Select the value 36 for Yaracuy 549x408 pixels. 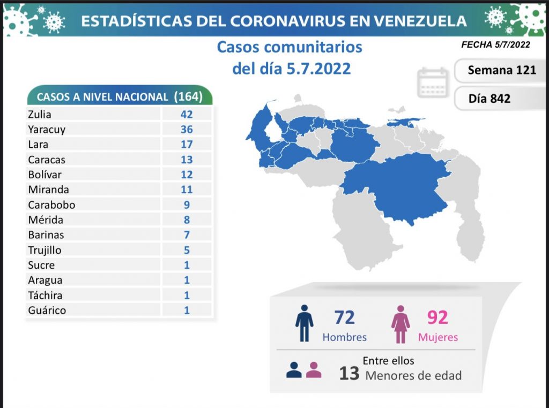187,129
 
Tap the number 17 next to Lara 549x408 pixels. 187,144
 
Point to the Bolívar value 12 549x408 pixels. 187,175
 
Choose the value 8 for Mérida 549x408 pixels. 187,220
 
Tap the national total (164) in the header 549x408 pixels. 188,96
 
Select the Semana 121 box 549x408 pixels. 501,70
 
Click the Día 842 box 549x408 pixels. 489,99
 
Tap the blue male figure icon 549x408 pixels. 304,323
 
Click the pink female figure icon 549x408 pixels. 400,324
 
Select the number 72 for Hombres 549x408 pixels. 344,318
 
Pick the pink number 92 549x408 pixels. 437,318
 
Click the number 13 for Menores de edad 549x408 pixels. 349,373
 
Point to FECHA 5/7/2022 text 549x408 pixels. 495,45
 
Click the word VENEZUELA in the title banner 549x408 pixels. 413,21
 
